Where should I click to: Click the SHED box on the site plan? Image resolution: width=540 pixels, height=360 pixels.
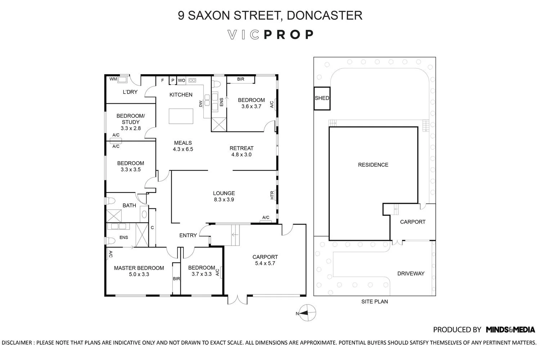click(321, 98)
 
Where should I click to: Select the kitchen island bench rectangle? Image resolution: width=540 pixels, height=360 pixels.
click(181, 116)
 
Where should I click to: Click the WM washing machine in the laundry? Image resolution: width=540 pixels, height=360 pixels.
click(122, 80)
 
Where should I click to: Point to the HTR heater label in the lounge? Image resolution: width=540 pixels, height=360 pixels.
click(272, 195)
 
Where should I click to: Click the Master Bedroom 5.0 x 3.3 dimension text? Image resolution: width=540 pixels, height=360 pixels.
click(139, 274)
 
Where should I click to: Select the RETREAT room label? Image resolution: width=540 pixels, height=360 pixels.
click(241, 148)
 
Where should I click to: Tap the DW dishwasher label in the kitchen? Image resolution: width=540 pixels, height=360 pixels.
click(201, 104)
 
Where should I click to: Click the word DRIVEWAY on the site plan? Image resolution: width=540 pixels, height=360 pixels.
click(411, 274)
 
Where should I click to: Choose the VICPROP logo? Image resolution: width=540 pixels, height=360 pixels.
click(270, 35)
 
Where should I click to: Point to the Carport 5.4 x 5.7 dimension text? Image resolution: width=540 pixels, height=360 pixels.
click(265, 263)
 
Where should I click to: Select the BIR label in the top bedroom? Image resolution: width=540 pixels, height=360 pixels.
click(240, 79)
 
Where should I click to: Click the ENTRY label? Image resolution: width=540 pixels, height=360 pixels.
click(188, 235)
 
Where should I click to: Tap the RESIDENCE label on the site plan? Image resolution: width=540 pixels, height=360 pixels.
click(373, 165)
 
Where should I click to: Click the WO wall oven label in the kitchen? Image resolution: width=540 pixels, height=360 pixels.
click(181, 80)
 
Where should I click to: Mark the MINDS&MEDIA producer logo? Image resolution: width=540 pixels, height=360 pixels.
click(510, 329)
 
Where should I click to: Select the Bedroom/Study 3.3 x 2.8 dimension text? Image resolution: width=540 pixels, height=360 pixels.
click(130, 128)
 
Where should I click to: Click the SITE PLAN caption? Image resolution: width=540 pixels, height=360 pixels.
click(374, 302)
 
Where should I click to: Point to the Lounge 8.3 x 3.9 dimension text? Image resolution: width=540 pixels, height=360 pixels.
click(224, 199)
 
